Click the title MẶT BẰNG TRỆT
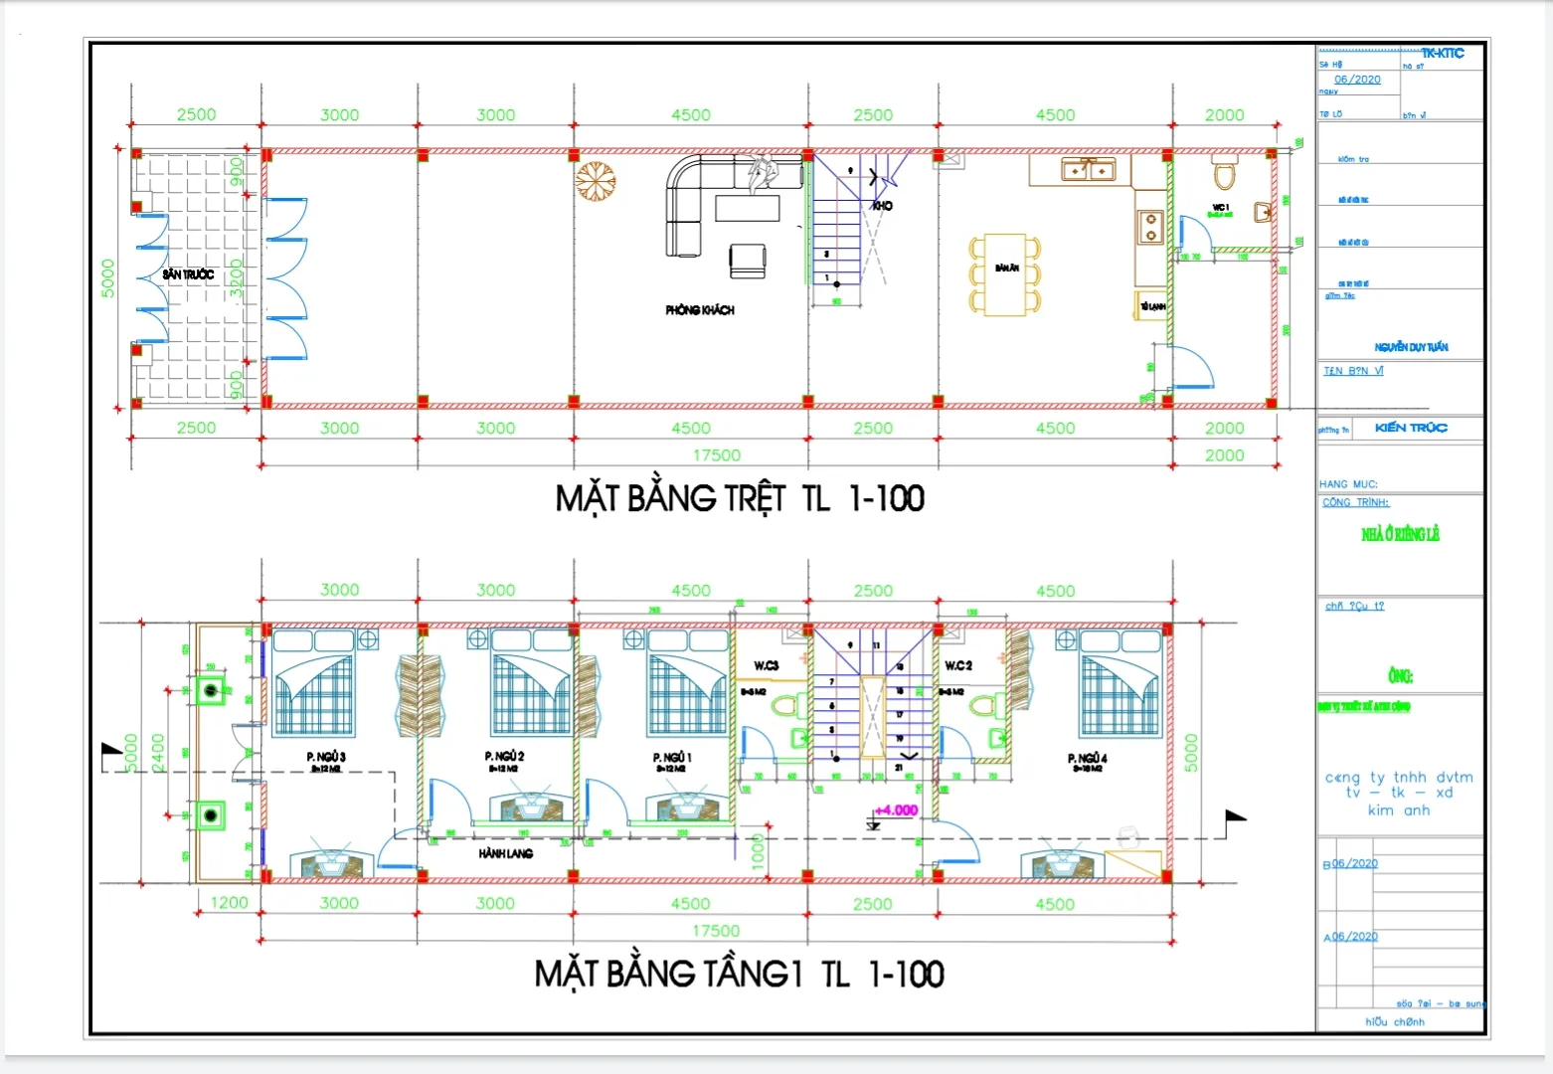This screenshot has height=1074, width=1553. tap(670, 498)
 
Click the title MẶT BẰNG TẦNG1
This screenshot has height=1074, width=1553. tap(668, 974)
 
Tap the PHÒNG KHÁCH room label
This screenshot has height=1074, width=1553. tap(700, 310)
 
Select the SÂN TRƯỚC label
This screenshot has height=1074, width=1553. tap(188, 274)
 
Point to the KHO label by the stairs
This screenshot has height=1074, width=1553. tap(882, 206)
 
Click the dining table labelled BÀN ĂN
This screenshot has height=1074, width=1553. tap(1005, 274)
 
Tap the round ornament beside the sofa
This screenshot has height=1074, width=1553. tap(596, 182)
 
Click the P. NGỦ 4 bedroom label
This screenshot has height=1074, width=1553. tap(1087, 759)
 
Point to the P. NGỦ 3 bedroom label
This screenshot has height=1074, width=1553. tap(326, 758)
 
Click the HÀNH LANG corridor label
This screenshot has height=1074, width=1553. tap(505, 853)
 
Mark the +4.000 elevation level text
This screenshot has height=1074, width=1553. tap(896, 810)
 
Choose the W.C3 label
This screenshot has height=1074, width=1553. tap(766, 665)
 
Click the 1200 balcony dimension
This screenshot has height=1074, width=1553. tap(229, 903)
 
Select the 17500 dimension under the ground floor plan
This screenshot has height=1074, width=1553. tap(716, 455)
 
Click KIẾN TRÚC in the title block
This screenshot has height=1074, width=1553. tap(1411, 428)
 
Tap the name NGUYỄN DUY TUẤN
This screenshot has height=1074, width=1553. tap(1411, 347)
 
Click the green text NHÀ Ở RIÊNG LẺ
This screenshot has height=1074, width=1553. tap(1400, 535)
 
